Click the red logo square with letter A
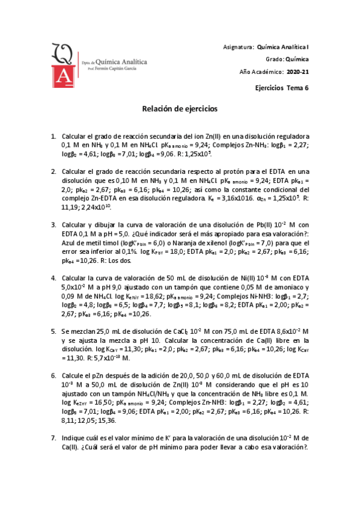coord(61,76)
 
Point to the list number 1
coord(53,137)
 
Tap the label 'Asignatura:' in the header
coord(238,46)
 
